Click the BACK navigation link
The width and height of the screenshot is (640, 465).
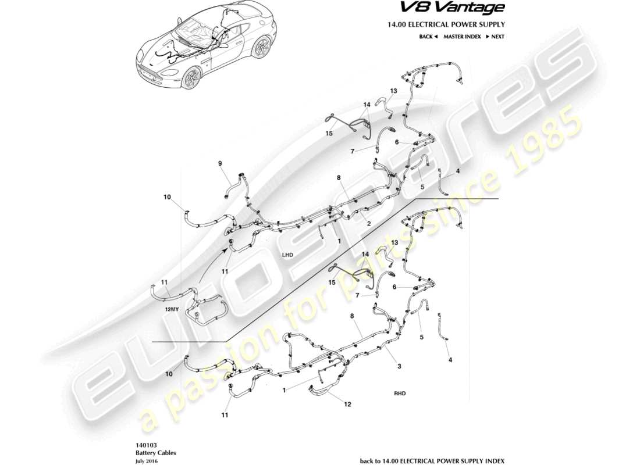pos(428,37)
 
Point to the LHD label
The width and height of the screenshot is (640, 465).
pos(287,255)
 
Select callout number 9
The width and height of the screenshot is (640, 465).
pos(221,164)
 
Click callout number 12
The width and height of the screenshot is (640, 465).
pos(348,405)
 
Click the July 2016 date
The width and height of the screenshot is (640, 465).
pos(147,460)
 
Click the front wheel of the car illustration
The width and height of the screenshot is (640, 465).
pos(190,78)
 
